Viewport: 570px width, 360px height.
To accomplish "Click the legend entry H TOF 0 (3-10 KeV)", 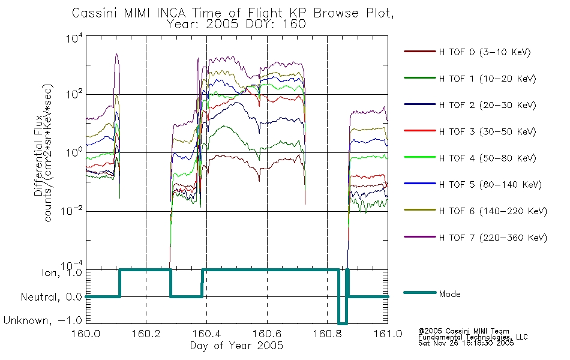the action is point(485,52).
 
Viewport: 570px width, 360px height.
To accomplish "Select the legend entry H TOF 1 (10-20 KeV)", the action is point(487,79).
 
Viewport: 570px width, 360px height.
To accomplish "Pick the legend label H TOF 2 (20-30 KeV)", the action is point(487,105).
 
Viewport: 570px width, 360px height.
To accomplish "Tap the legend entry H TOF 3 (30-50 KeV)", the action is point(487,131).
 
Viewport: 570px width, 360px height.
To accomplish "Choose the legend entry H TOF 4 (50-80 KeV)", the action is point(487,158).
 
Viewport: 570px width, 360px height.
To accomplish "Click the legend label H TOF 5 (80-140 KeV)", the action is point(490,185).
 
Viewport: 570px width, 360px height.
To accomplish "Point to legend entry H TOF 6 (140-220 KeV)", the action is point(493,211).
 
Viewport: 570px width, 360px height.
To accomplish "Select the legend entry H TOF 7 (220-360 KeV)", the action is point(493,238).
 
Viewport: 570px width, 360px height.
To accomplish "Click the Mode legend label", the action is point(449,294).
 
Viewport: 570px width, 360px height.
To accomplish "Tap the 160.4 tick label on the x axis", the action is point(207,334).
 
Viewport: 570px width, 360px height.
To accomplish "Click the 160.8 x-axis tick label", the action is point(328,334).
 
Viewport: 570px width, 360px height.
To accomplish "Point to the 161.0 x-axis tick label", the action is point(388,334).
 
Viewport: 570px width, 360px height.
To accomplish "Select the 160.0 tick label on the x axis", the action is point(86,334).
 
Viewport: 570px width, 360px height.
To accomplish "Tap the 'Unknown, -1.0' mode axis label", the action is point(43,320).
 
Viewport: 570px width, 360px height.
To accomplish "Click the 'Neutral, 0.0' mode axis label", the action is point(51,297).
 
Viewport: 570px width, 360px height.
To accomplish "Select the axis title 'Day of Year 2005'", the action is point(236,346).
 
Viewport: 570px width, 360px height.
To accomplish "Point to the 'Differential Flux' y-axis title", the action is point(38,155).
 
